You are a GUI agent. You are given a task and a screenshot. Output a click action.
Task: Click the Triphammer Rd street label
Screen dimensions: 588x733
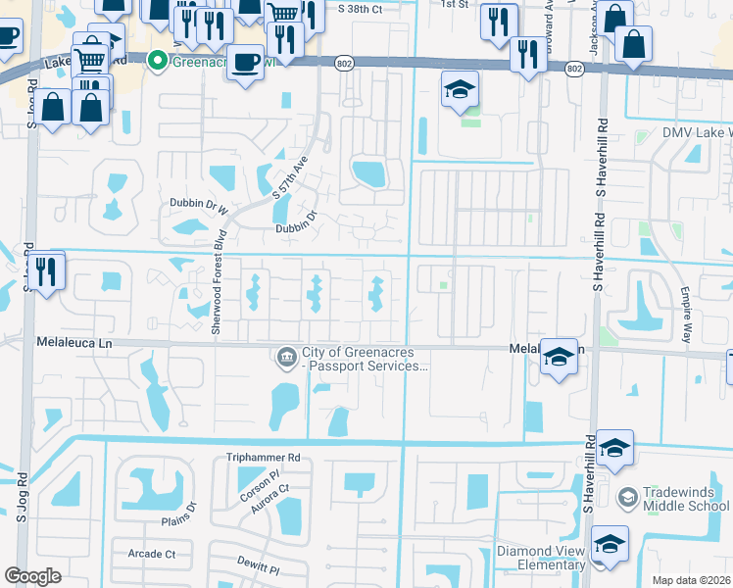point(263,458)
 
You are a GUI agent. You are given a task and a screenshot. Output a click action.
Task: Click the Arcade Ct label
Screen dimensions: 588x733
point(151,554)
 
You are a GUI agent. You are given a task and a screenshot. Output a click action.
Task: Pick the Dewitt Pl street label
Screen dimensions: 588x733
point(258,569)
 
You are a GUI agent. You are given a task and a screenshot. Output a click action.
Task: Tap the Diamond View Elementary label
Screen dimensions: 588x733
point(541,557)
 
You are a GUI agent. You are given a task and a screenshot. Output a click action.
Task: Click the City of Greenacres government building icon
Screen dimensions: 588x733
point(287,354)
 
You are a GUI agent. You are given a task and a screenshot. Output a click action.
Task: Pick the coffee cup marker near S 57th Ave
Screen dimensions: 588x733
point(245,61)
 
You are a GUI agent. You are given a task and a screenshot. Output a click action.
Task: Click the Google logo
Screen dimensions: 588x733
point(32,576)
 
